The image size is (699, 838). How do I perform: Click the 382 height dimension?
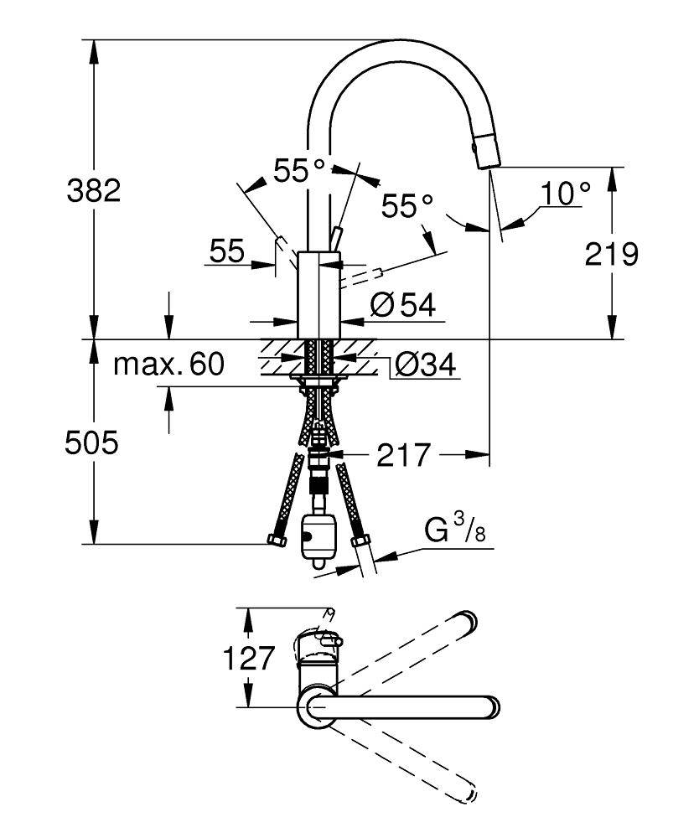(x=94, y=191)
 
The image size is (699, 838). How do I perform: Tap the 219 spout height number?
(x=613, y=253)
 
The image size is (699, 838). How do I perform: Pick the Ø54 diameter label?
(x=402, y=306)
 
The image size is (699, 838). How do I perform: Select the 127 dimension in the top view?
(x=248, y=659)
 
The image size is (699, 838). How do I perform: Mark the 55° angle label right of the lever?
(x=407, y=204)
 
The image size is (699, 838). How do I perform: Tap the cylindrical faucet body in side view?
(x=318, y=293)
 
